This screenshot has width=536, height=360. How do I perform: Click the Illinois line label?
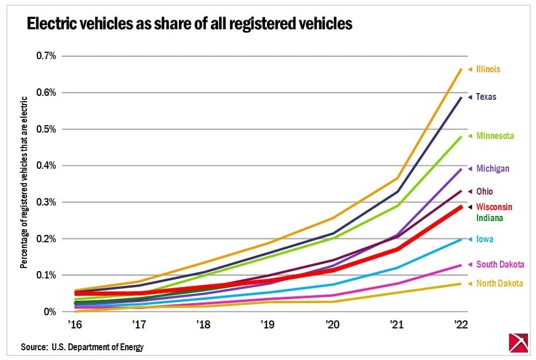tap(488, 69)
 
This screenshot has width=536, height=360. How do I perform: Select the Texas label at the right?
tap(486, 97)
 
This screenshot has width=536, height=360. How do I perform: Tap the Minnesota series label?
tap(495, 136)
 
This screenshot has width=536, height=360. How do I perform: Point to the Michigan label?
tap(492, 169)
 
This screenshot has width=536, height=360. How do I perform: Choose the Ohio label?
tap(484, 191)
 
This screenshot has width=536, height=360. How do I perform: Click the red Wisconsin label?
tap(494, 207)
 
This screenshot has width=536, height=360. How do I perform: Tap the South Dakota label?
tap(500, 265)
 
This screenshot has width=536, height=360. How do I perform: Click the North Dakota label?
tap(499, 284)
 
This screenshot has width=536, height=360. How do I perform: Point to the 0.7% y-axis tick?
tap(46, 56)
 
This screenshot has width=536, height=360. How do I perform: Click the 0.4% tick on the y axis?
tap(46, 165)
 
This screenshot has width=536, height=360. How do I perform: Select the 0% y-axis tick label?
tap(50, 312)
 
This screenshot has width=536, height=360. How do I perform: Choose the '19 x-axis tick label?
tap(267, 325)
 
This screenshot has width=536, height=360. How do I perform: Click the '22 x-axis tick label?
tap(461, 325)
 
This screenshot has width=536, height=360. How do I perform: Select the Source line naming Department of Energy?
tap(82, 347)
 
